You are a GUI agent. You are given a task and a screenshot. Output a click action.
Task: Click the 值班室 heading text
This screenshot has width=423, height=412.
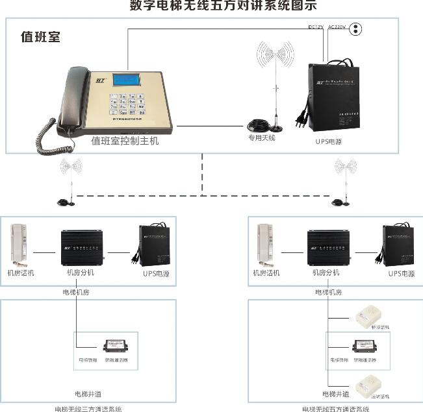[x=40, y=37]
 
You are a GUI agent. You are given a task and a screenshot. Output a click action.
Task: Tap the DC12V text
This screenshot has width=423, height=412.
[x=316, y=27]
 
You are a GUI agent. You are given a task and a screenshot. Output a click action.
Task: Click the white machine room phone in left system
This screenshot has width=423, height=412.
[x=20, y=245]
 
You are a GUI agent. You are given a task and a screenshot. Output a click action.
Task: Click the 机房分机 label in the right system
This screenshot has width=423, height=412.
[x=326, y=273]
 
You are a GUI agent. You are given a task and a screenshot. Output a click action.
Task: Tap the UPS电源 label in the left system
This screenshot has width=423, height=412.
[x=155, y=274]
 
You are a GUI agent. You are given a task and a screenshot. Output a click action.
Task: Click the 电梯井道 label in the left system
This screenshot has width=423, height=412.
[x=88, y=393]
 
